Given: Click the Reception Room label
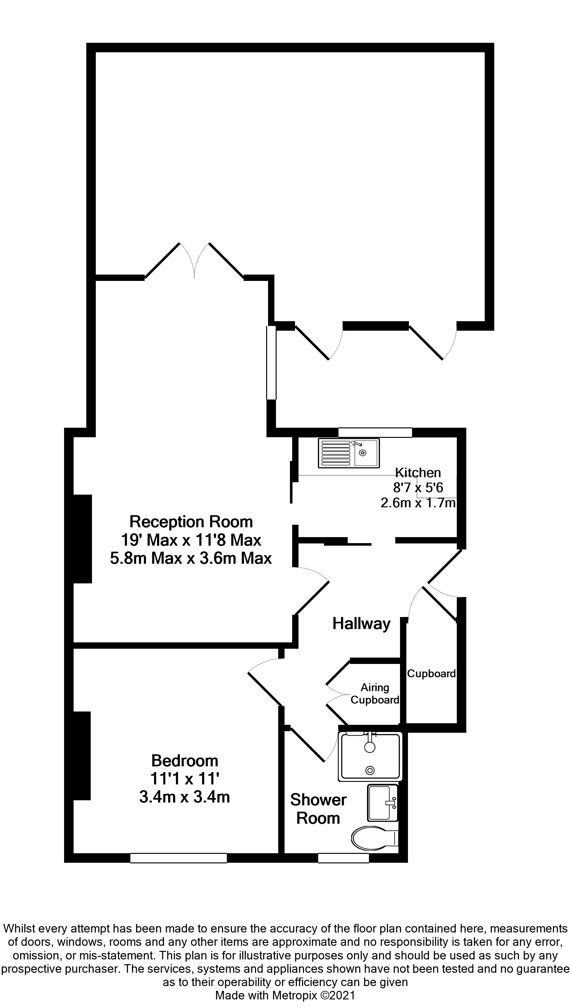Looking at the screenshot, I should [191, 522].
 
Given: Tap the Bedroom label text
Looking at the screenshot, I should [184, 761].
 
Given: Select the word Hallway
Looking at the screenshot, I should [361, 623].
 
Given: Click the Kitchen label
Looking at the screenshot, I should [418, 472].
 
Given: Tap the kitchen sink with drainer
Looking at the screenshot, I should [349, 453].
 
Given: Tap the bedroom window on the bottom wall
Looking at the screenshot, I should [178, 858].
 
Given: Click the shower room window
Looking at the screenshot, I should [343, 858].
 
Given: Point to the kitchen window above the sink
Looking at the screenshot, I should [375, 432].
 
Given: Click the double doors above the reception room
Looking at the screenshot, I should [194, 261].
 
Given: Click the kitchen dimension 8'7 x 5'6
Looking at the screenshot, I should [418, 488].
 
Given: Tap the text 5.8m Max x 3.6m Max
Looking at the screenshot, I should [191, 558].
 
